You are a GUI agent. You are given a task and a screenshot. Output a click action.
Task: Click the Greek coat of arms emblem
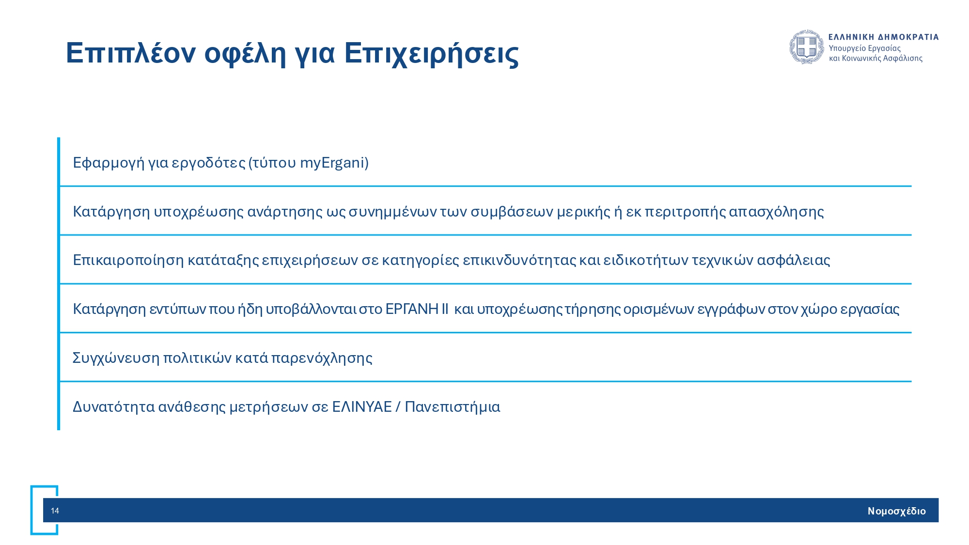click(x=807, y=47)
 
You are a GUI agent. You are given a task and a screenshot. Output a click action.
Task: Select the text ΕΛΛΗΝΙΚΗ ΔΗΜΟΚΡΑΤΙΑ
click(x=884, y=37)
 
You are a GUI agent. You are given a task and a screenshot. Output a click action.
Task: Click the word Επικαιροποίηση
click(x=128, y=260)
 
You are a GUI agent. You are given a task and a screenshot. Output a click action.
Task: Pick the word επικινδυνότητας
click(x=519, y=260)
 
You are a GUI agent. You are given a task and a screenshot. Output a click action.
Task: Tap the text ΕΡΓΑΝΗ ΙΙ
click(x=417, y=309)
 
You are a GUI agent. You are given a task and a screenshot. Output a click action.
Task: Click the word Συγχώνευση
click(x=116, y=358)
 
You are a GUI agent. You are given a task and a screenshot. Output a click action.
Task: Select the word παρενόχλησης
click(x=322, y=358)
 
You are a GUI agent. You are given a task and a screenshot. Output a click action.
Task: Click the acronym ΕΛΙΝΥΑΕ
click(x=362, y=407)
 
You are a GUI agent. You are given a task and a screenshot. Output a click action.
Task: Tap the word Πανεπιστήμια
click(x=453, y=407)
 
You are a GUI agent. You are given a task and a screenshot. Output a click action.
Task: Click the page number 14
click(x=55, y=511)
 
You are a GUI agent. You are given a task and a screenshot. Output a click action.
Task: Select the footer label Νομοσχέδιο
click(x=896, y=511)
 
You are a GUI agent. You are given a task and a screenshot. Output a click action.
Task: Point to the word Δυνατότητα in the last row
click(x=114, y=407)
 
